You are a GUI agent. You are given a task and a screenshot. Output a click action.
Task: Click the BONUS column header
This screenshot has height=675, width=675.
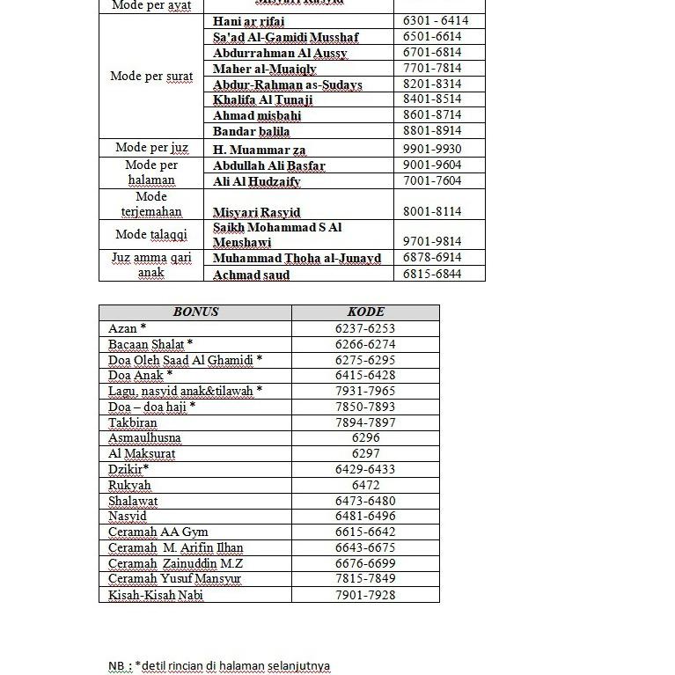coord(195,312)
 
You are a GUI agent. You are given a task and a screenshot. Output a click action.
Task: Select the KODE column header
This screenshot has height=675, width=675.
coord(365,312)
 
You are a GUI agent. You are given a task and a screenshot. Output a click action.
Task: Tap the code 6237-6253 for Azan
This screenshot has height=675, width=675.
coord(365,328)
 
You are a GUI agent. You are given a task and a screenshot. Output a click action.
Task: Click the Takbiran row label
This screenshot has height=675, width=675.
coord(133,422)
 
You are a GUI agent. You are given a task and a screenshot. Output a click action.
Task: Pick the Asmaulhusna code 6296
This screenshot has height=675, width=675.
coord(365,437)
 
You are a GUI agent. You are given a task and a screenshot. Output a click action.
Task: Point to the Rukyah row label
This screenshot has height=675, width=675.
coord(129,485)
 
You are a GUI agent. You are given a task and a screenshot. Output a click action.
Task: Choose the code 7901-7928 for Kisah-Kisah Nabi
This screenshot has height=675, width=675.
coord(365,595)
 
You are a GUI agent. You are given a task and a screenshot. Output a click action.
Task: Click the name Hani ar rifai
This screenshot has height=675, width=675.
coord(249,21)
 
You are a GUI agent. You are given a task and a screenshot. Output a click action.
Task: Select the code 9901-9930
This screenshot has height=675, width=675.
coord(432,150)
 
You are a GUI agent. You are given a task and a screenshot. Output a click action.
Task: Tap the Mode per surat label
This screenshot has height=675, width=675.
coord(151,76)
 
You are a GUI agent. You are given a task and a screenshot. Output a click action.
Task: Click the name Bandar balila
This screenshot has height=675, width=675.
coord(251,131)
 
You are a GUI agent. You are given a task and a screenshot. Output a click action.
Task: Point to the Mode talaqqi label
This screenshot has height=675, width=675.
coord(151,234)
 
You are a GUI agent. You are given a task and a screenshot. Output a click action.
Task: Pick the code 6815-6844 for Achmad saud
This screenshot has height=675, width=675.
coord(432,274)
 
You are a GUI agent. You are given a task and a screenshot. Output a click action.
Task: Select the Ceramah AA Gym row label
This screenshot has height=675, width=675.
coord(158,532)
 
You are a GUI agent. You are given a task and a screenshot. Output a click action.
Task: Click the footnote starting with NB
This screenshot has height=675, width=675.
coord(219,665)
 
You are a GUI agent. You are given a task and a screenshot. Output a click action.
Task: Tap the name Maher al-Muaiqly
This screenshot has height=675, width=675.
coord(265,69)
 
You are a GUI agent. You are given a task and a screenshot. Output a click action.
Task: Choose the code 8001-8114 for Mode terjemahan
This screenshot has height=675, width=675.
coord(432,211)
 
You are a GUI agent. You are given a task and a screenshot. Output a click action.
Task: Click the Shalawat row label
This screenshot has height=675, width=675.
coord(133,501)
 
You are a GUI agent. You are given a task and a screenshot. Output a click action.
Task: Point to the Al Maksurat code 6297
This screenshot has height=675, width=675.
coord(365,453)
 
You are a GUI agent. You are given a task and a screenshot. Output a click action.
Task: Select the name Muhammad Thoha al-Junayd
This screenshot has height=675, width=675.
coord(297,258)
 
